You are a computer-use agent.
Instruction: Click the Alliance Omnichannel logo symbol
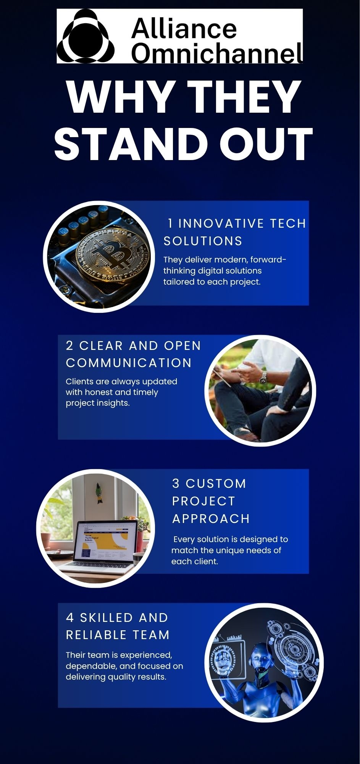coord(86,36)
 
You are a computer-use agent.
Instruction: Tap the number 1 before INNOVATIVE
coord(170,223)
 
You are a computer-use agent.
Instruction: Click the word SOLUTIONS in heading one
coord(203,241)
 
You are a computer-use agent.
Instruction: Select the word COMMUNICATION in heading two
coord(129,363)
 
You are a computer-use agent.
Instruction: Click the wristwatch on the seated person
coord(263,378)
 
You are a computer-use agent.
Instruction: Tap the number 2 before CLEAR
coord(69,346)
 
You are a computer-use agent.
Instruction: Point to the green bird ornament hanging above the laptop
coord(99,493)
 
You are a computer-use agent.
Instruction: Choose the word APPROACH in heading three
coord(211,519)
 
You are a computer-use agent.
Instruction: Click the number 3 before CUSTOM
coord(176,484)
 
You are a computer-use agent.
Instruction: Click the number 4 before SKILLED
coord(70,618)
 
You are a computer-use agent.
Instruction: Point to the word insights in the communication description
coord(113,403)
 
